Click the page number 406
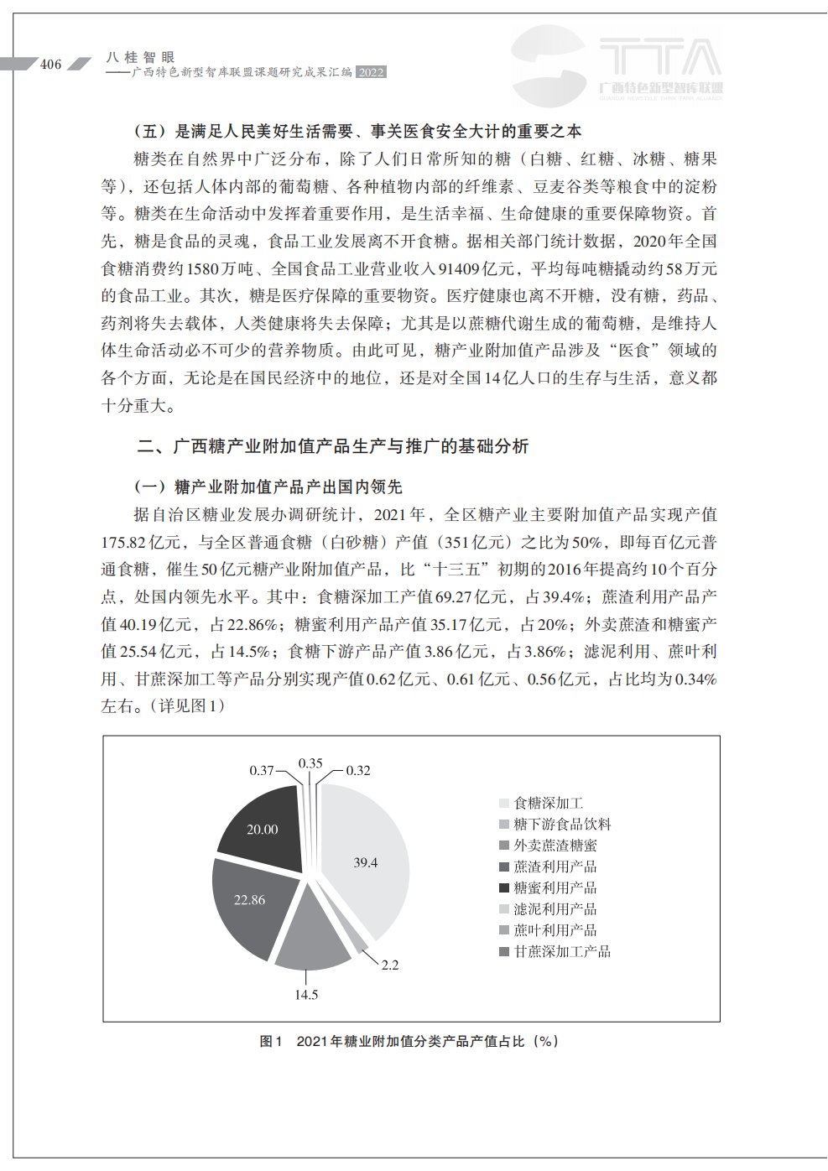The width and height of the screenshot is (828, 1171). point(50,65)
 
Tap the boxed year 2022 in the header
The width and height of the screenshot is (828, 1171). point(371,72)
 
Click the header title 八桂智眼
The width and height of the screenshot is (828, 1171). point(140,57)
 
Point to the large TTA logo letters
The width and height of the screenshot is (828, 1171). point(660,58)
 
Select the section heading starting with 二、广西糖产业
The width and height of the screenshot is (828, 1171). point(333,446)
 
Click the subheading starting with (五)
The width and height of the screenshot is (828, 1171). point(357,131)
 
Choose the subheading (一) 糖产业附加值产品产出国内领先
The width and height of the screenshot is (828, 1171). point(268,487)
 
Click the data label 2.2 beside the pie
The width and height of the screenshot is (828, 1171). point(390,965)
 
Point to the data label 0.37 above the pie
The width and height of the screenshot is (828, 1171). point(262,770)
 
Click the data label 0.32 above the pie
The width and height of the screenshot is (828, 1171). point(358,770)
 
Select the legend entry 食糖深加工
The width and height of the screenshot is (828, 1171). point(548,803)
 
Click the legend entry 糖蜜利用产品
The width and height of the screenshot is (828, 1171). point(555,887)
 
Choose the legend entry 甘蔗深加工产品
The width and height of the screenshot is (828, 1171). point(561,951)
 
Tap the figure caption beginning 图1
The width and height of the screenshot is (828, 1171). point(409,1041)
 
